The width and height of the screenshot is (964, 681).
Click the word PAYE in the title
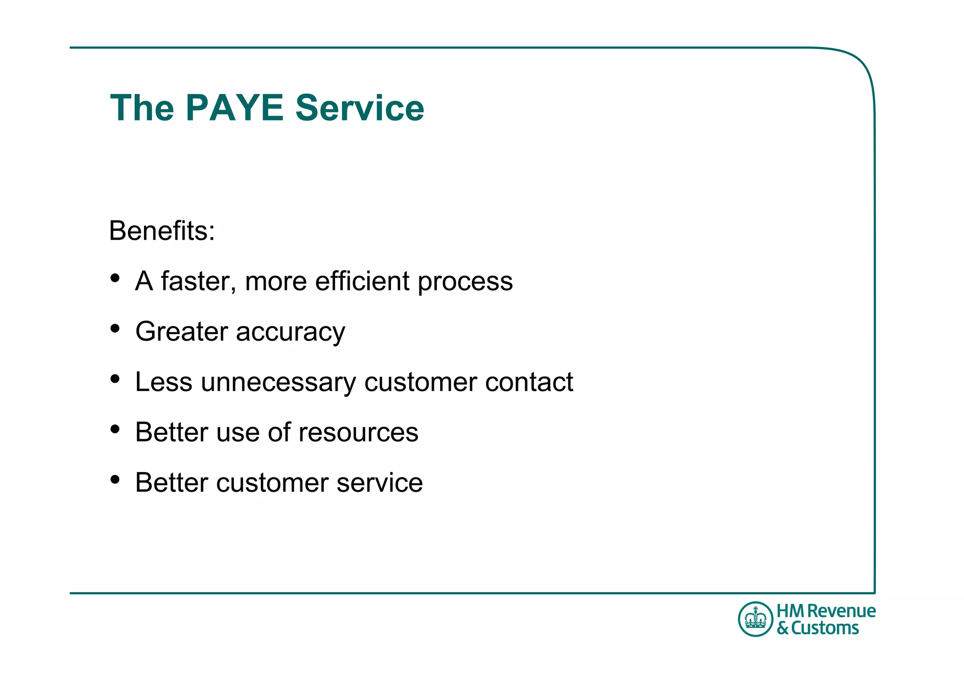point(234,108)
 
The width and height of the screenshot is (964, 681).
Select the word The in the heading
point(142,108)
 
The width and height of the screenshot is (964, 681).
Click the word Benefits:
point(162,231)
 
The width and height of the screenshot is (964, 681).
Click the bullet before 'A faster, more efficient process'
point(115,278)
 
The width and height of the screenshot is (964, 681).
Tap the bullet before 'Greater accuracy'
point(115,328)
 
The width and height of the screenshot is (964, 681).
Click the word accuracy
point(290,332)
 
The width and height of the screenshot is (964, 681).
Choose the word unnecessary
point(278,382)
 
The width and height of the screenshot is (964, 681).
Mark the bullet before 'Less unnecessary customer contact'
point(115,379)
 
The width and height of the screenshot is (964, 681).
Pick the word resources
point(358,433)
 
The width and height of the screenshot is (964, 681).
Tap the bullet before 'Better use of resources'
point(115,429)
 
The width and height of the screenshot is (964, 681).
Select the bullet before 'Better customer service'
point(115,480)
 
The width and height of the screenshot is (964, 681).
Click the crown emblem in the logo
point(755,619)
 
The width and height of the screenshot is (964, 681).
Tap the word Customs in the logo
point(825,628)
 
